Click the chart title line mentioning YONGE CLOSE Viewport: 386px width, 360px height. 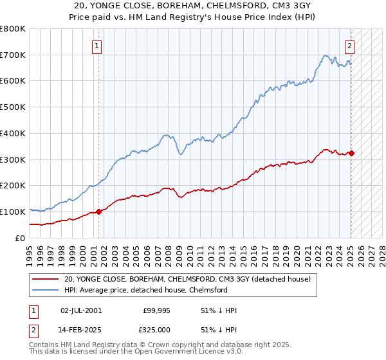point(192,6)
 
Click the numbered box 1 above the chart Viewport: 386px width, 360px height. point(96,46)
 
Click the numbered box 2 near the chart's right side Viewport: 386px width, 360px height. point(349,46)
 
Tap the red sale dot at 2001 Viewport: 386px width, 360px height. point(99,212)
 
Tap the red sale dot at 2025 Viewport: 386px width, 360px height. point(351,153)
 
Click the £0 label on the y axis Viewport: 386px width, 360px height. point(21,238)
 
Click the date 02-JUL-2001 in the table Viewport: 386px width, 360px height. point(80,310)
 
